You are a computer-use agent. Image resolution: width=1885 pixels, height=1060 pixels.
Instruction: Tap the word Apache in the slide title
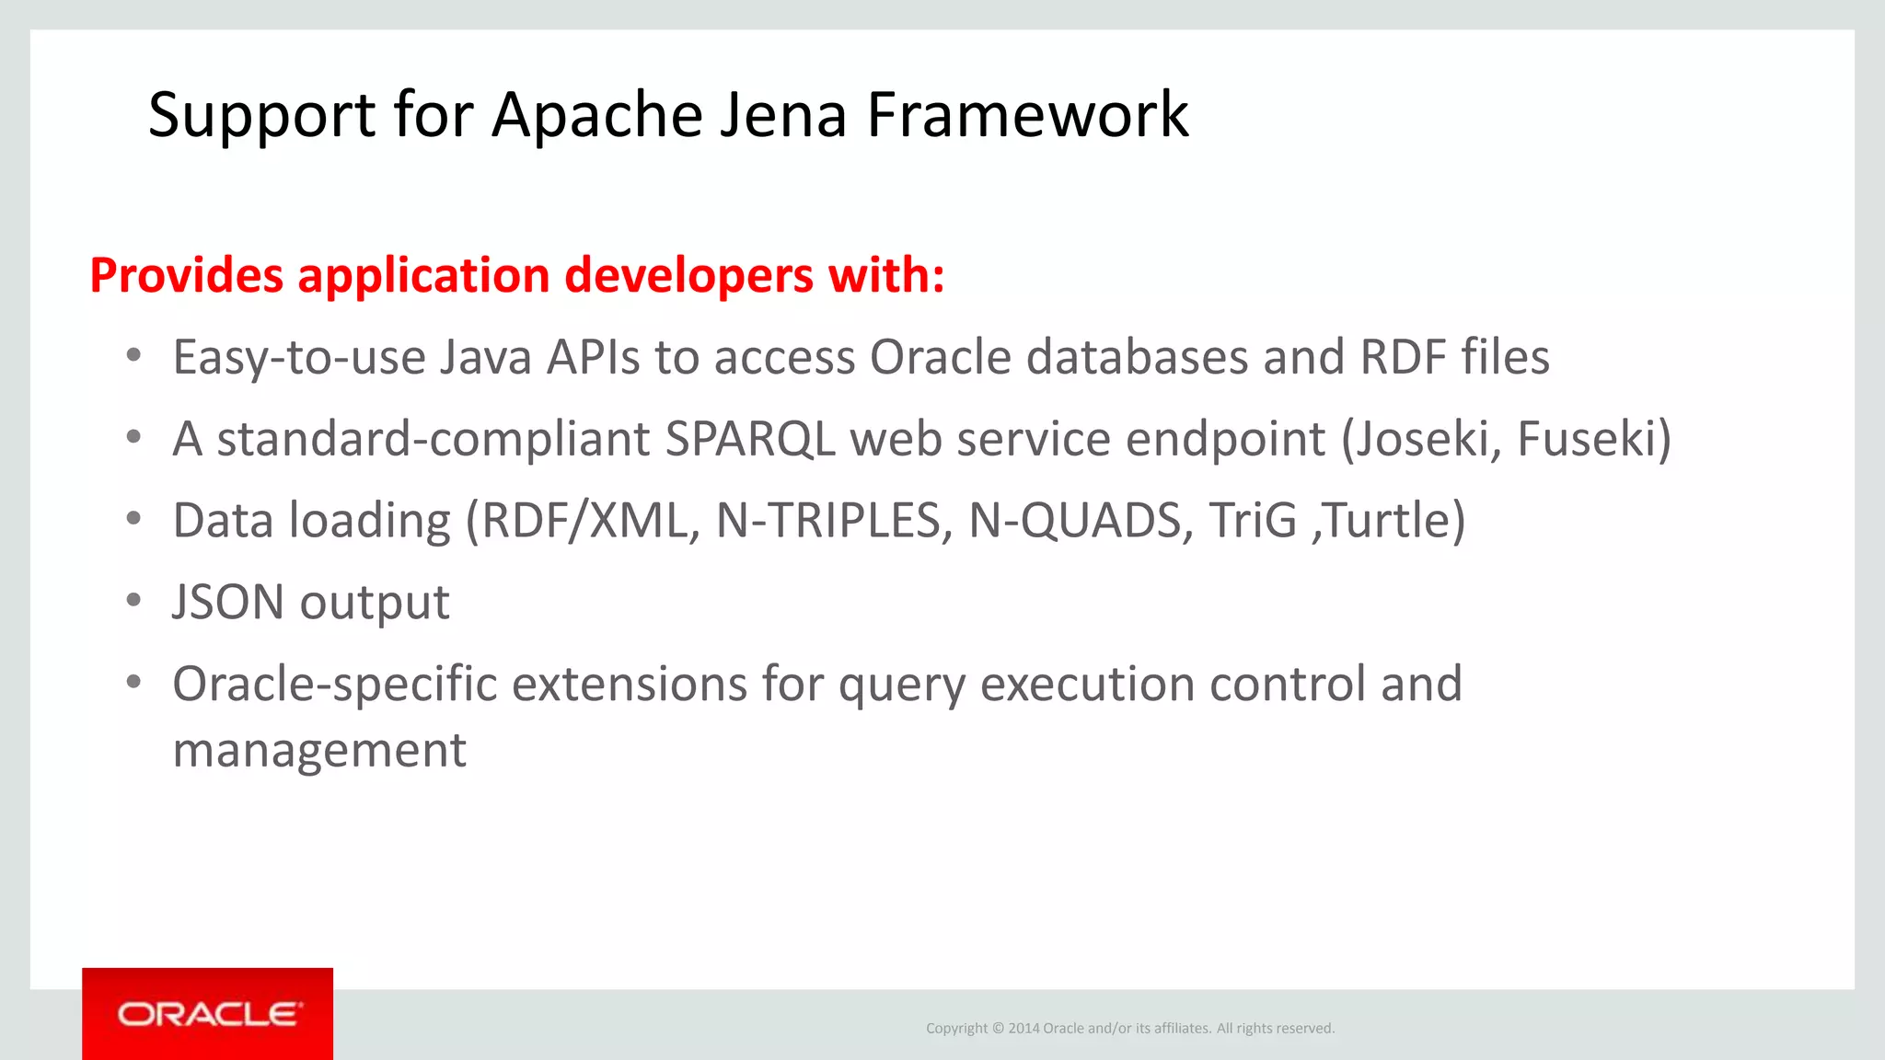click(598, 115)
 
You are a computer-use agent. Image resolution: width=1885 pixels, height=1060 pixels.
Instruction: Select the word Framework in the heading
click(1028, 115)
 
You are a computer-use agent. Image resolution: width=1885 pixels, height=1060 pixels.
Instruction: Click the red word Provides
click(187, 275)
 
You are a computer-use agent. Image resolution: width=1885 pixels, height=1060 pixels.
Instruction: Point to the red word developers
click(689, 275)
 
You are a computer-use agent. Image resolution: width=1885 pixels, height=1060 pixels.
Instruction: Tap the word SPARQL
click(750, 439)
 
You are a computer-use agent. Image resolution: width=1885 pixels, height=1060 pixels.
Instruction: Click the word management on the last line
click(319, 750)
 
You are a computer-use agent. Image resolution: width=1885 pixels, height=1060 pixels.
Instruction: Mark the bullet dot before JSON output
click(134, 601)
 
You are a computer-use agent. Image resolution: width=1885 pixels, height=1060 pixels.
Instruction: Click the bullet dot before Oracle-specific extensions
click(134, 683)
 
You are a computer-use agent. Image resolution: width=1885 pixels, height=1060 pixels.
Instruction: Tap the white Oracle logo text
click(209, 1014)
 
